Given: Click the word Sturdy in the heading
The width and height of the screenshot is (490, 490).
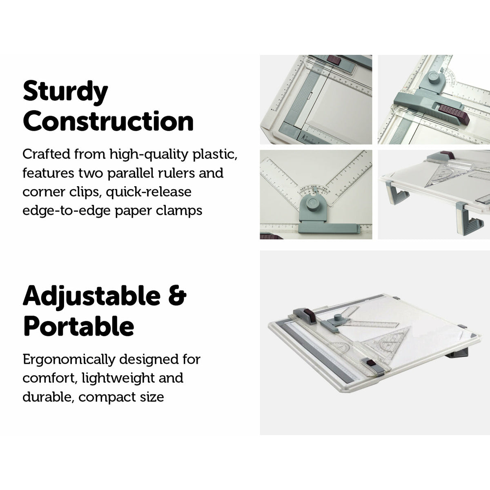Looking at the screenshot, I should [x=65, y=92].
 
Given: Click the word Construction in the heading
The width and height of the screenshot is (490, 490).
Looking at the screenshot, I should [x=108, y=121].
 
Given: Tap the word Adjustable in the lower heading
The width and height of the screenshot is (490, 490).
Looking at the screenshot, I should [x=91, y=296].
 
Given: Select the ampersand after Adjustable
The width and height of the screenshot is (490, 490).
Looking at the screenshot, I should [x=177, y=296].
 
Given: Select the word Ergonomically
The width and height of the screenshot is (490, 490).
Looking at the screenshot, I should [x=69, y=359].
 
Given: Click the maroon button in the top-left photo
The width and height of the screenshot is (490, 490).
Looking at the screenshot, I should [x=334, y=60].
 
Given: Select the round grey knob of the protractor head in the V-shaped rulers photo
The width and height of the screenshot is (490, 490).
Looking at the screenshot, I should [x=313, y=203].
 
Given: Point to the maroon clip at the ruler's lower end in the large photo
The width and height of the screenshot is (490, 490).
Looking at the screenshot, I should [x=370, y=363].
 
